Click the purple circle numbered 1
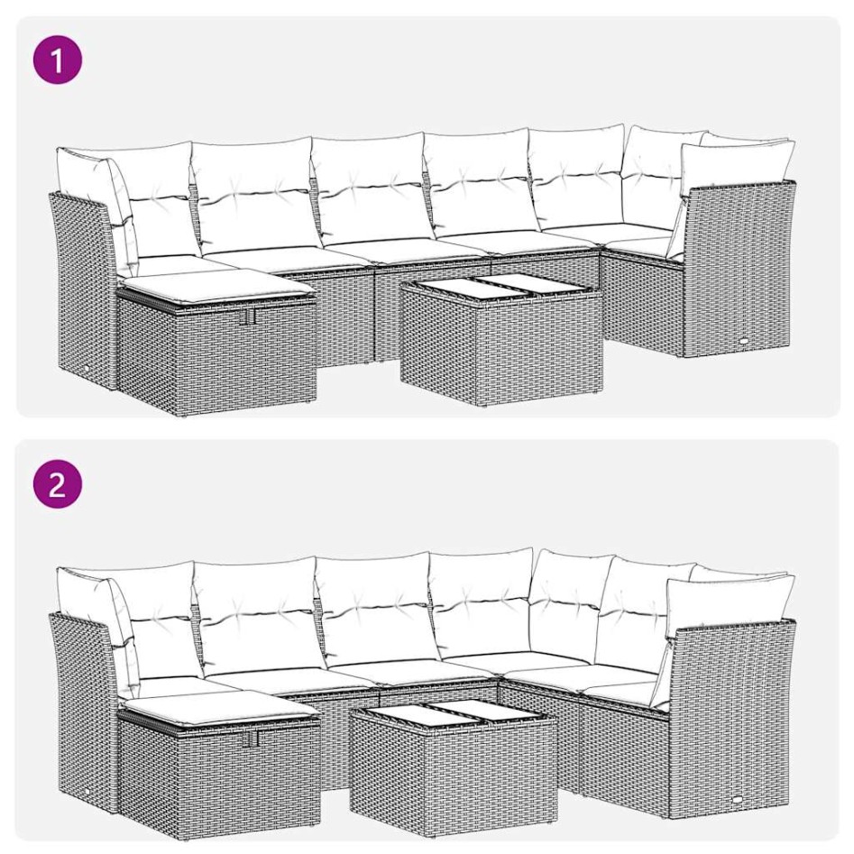click(58, 60)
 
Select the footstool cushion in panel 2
click(216, 709)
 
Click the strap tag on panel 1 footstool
click(250, 317)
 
